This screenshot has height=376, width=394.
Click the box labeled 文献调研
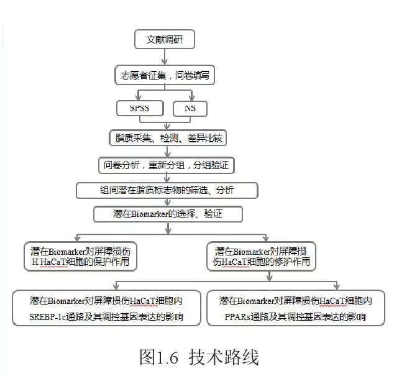[165, 39]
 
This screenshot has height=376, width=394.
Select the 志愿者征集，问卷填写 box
[165, 75]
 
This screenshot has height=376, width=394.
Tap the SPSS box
[140, 108]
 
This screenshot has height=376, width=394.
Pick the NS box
[190, 109]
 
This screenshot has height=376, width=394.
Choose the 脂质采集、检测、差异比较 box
[168, 138]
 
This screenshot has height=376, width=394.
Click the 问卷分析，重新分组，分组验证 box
[167, 165]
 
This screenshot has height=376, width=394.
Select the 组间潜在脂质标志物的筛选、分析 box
[167, 190]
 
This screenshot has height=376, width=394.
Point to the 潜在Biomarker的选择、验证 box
[168, 214]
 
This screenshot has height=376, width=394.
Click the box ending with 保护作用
[80, 256]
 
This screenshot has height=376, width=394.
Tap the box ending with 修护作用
[261, 256]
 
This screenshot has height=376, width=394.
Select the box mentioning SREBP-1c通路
[106, 308]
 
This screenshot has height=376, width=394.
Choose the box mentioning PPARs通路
[296, 308]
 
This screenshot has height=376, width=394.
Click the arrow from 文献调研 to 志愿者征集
[165, 57]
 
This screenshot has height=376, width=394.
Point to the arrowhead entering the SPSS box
[138, 98]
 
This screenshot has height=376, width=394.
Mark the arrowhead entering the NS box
[192, 98]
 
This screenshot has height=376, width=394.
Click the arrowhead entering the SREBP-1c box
[116, 287]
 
